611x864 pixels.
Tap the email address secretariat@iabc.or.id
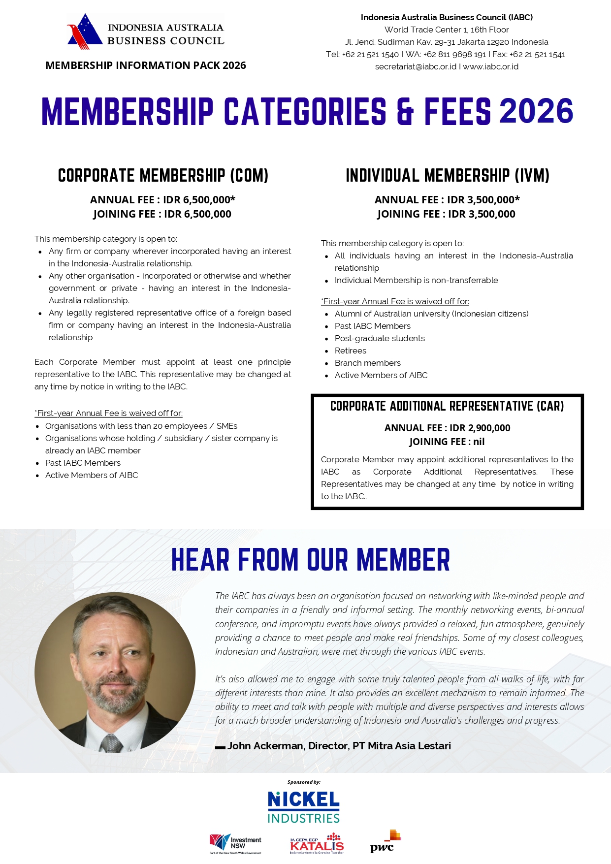coord(416,67)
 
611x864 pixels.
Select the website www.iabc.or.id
coord(490,67)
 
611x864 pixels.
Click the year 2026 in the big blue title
coord(536,111)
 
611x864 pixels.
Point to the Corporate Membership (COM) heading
coord(163,176)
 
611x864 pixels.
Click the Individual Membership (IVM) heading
coord(448,176)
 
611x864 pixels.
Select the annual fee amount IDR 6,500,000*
coord(199,200)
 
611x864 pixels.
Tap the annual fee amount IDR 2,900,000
coord(480,428)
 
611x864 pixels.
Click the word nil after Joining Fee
coord(479,442)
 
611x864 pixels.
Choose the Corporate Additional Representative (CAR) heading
coord(447,406)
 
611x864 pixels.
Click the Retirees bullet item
coord(351,351)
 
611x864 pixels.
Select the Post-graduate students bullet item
coord(380,338)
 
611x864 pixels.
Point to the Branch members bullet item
coord(368,363)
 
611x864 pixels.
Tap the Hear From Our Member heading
coord(311,560)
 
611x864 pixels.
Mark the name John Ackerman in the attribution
coord(265,746)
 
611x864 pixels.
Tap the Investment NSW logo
coord(235,844)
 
